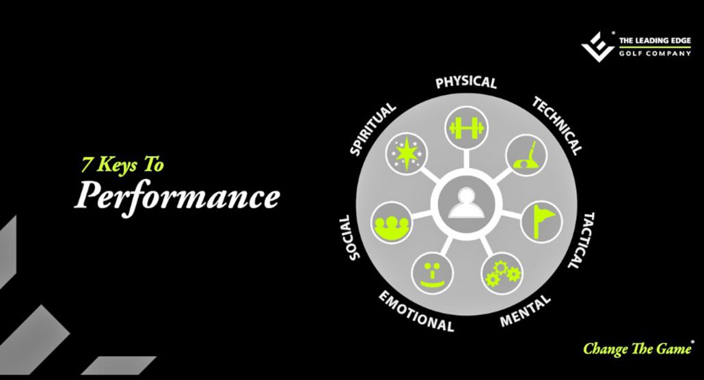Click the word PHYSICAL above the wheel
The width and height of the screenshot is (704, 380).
(466, 83)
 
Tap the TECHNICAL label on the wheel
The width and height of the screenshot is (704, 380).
(558, 125)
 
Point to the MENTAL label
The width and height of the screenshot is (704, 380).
(525, 310)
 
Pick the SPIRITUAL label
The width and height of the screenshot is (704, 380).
(373, 129)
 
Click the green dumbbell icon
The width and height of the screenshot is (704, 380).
(466, 127)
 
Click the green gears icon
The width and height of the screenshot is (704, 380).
(502, 272)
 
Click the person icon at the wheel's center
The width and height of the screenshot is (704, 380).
(466, 203)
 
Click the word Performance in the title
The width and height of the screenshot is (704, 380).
(177, 196)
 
